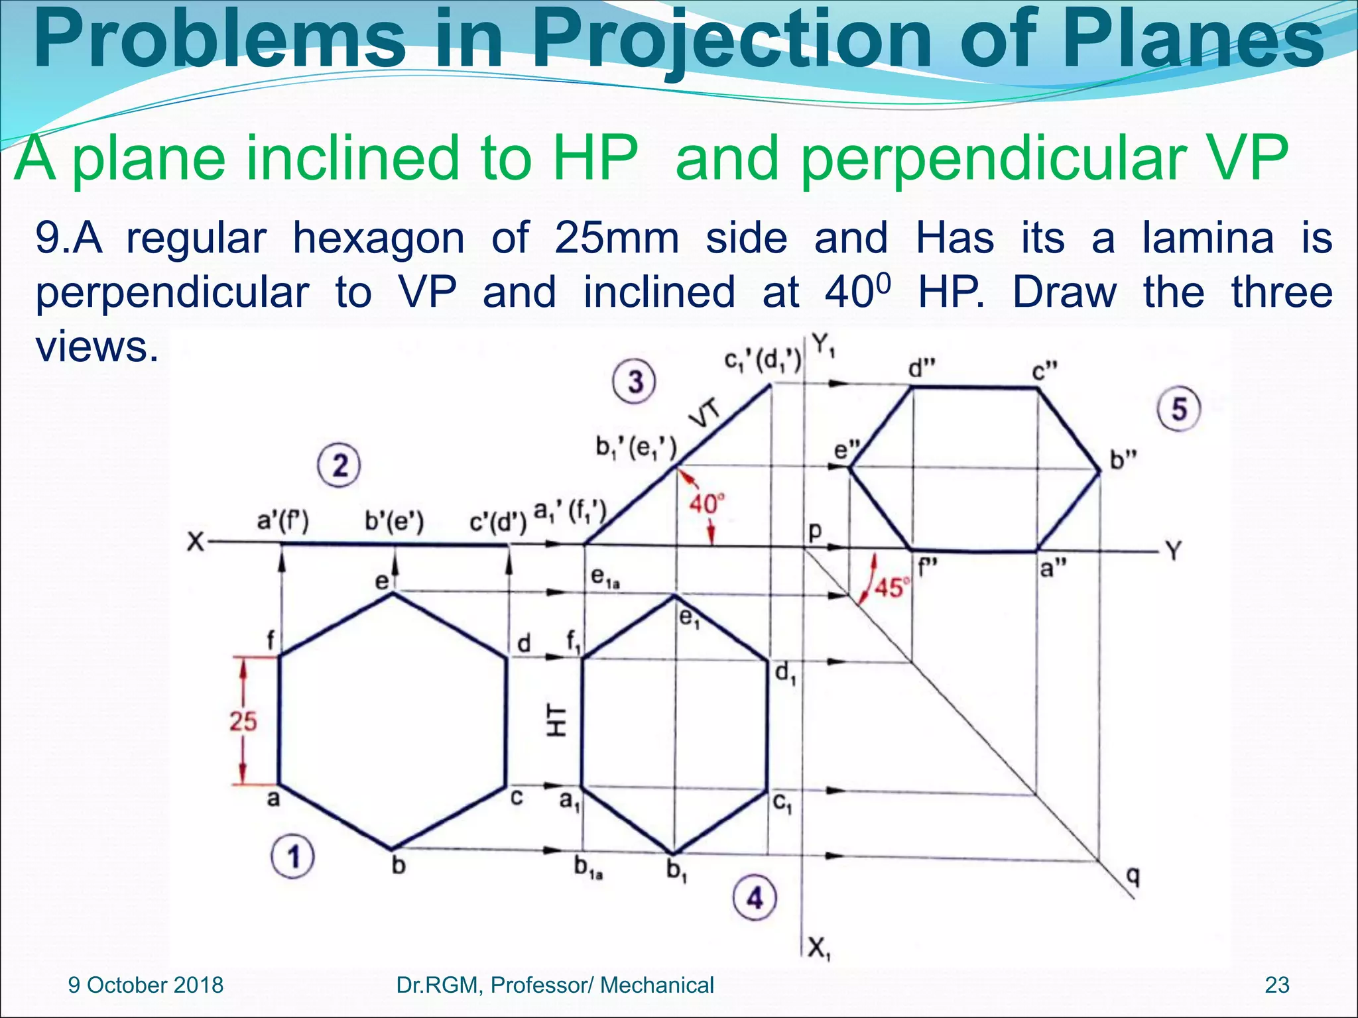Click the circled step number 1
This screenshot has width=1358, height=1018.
292,857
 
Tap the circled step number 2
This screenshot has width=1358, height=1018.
339,466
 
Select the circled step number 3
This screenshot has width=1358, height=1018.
635,382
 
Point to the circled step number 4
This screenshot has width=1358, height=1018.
755,899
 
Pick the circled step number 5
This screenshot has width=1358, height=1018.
1178,409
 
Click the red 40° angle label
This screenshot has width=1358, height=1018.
706,504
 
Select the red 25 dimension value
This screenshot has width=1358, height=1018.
243,721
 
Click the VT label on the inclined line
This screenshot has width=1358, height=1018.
705,416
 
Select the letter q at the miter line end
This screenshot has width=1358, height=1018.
1133,877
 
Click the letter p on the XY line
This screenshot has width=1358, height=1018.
814,530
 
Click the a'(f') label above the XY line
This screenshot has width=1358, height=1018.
282,522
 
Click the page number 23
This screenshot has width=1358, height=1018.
1277,985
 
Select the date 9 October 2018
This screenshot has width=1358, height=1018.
146,985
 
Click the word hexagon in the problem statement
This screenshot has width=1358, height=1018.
379,238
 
